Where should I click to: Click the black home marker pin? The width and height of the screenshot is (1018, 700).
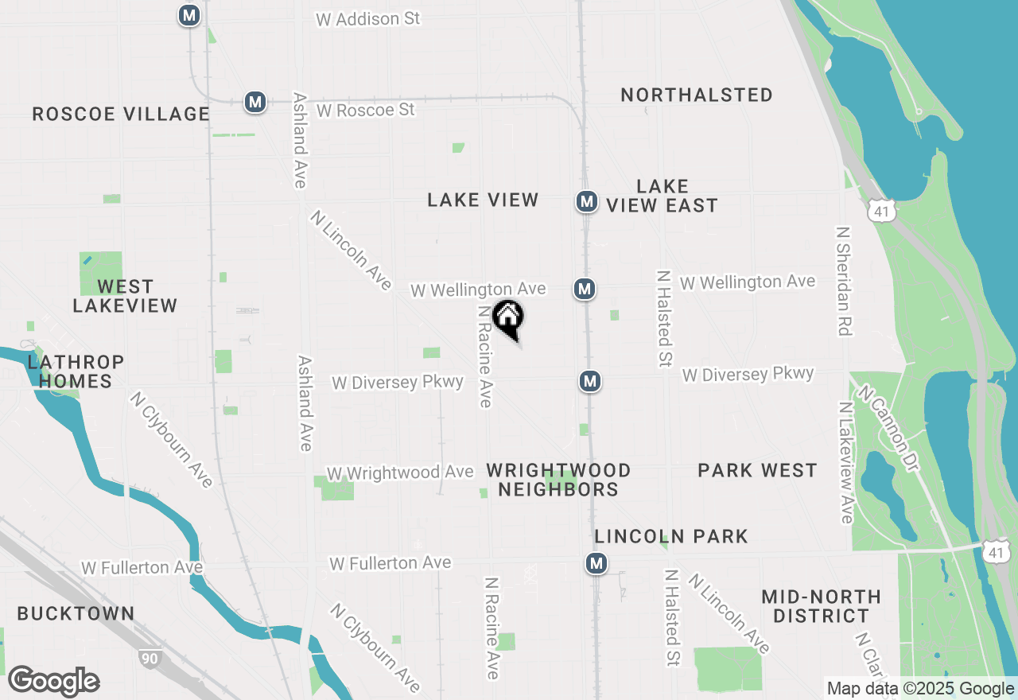[508, 318]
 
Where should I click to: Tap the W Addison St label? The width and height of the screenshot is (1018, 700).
[367, 19]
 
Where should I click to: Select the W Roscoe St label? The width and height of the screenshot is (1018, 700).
[365, 110]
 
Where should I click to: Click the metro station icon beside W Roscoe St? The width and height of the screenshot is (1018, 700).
[255, 102]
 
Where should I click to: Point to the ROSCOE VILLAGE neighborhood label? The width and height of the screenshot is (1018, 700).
[121, 115]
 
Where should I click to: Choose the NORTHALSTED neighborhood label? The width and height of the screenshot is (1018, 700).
[697, 95]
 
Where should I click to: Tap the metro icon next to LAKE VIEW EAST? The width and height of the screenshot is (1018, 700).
[587, 201]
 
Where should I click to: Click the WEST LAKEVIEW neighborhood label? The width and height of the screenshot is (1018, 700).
[125, 296]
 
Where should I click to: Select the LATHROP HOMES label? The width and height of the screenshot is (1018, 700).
[76, 371]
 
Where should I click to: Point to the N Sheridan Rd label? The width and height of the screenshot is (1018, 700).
[844, 280]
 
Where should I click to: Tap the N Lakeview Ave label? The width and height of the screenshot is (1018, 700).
[845, 461]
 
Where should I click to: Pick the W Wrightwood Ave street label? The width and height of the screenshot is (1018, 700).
[400, 472]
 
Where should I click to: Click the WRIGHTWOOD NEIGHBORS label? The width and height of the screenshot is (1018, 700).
[558, 480]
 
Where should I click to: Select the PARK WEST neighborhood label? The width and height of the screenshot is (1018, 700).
[757, 471]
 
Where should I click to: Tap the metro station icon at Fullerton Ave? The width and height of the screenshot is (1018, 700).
[596, 563]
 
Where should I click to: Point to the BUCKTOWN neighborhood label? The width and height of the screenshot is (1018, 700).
[76, 614]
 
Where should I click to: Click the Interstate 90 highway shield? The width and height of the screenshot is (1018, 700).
[149, 659]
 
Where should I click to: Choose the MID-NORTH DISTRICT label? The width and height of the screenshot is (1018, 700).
[821, 606]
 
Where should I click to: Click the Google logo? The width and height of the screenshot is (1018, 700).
[53, 682]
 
